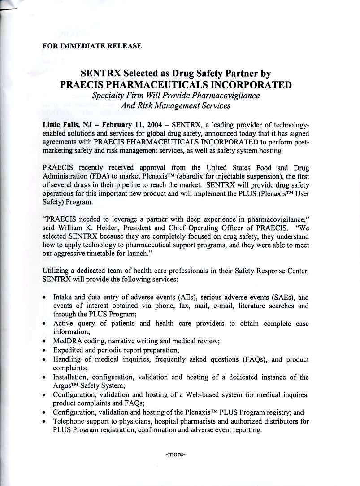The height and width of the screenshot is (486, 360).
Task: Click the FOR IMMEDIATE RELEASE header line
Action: click(x=91, y=46)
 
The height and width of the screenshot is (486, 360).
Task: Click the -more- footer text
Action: click(x=175, y=454)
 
